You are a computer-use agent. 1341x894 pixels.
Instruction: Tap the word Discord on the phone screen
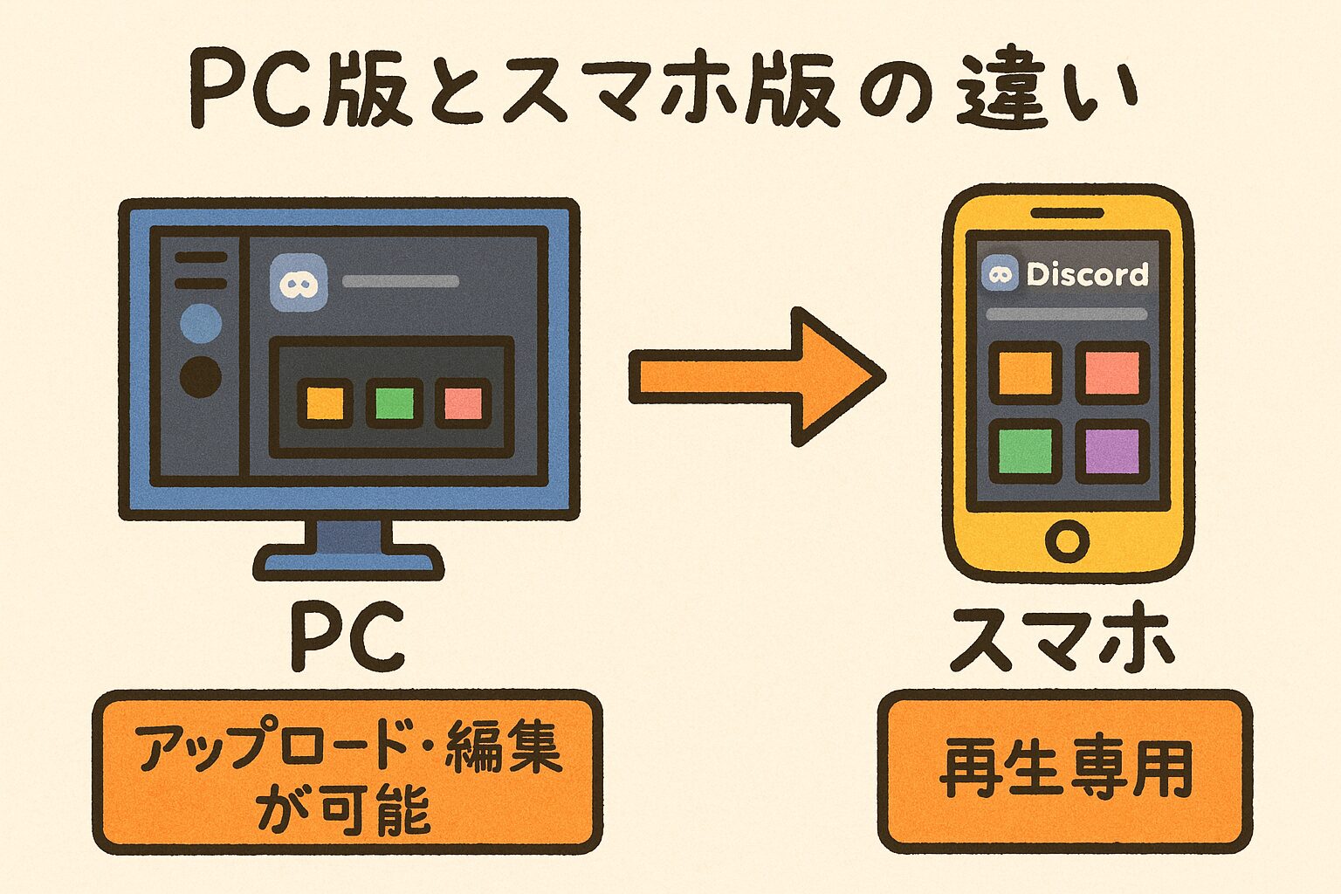(x=1087, y=275)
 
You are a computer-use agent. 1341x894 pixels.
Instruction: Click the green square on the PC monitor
(x=393, y=403)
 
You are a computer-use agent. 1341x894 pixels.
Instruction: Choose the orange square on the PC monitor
(x=325, y=403)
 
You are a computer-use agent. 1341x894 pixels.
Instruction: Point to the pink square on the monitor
(x=463, y=403)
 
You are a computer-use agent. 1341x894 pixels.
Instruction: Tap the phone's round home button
(x=1067, y=540)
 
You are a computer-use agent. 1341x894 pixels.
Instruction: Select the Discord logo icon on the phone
(x=1000, y=275)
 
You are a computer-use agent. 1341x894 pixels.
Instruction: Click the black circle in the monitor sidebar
(x=200, y=377)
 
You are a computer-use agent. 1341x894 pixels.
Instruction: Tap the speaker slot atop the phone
(x=1067, y=213)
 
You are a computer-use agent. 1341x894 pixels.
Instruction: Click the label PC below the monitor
(x=348, y=636)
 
